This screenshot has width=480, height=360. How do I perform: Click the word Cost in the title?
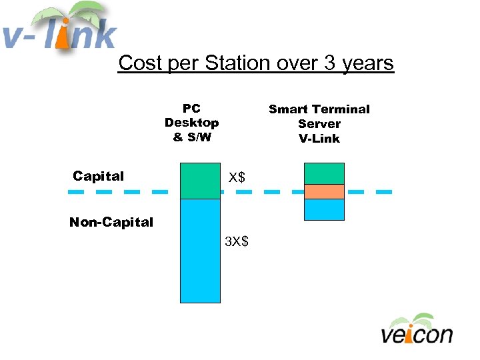[140, 63]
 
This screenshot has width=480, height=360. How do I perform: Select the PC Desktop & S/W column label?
[191, 123]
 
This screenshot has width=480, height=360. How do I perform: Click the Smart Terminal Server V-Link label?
[319, 123]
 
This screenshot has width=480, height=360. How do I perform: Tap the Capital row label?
[98, 176]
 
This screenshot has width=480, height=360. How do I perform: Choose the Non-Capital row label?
[111, 222]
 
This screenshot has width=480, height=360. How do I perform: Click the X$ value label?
[237, 177]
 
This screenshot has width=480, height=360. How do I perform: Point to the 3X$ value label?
[237, 241]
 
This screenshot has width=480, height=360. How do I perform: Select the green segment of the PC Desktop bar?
[200, 181]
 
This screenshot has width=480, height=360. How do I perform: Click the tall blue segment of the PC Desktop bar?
[200, 251]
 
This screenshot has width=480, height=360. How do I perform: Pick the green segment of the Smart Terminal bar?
[324, 173]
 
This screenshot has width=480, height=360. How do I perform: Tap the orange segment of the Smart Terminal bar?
[324, 191]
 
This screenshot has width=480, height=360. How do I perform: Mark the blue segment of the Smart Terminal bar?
[324, 209]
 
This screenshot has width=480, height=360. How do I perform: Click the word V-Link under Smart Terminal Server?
[319, 139]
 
